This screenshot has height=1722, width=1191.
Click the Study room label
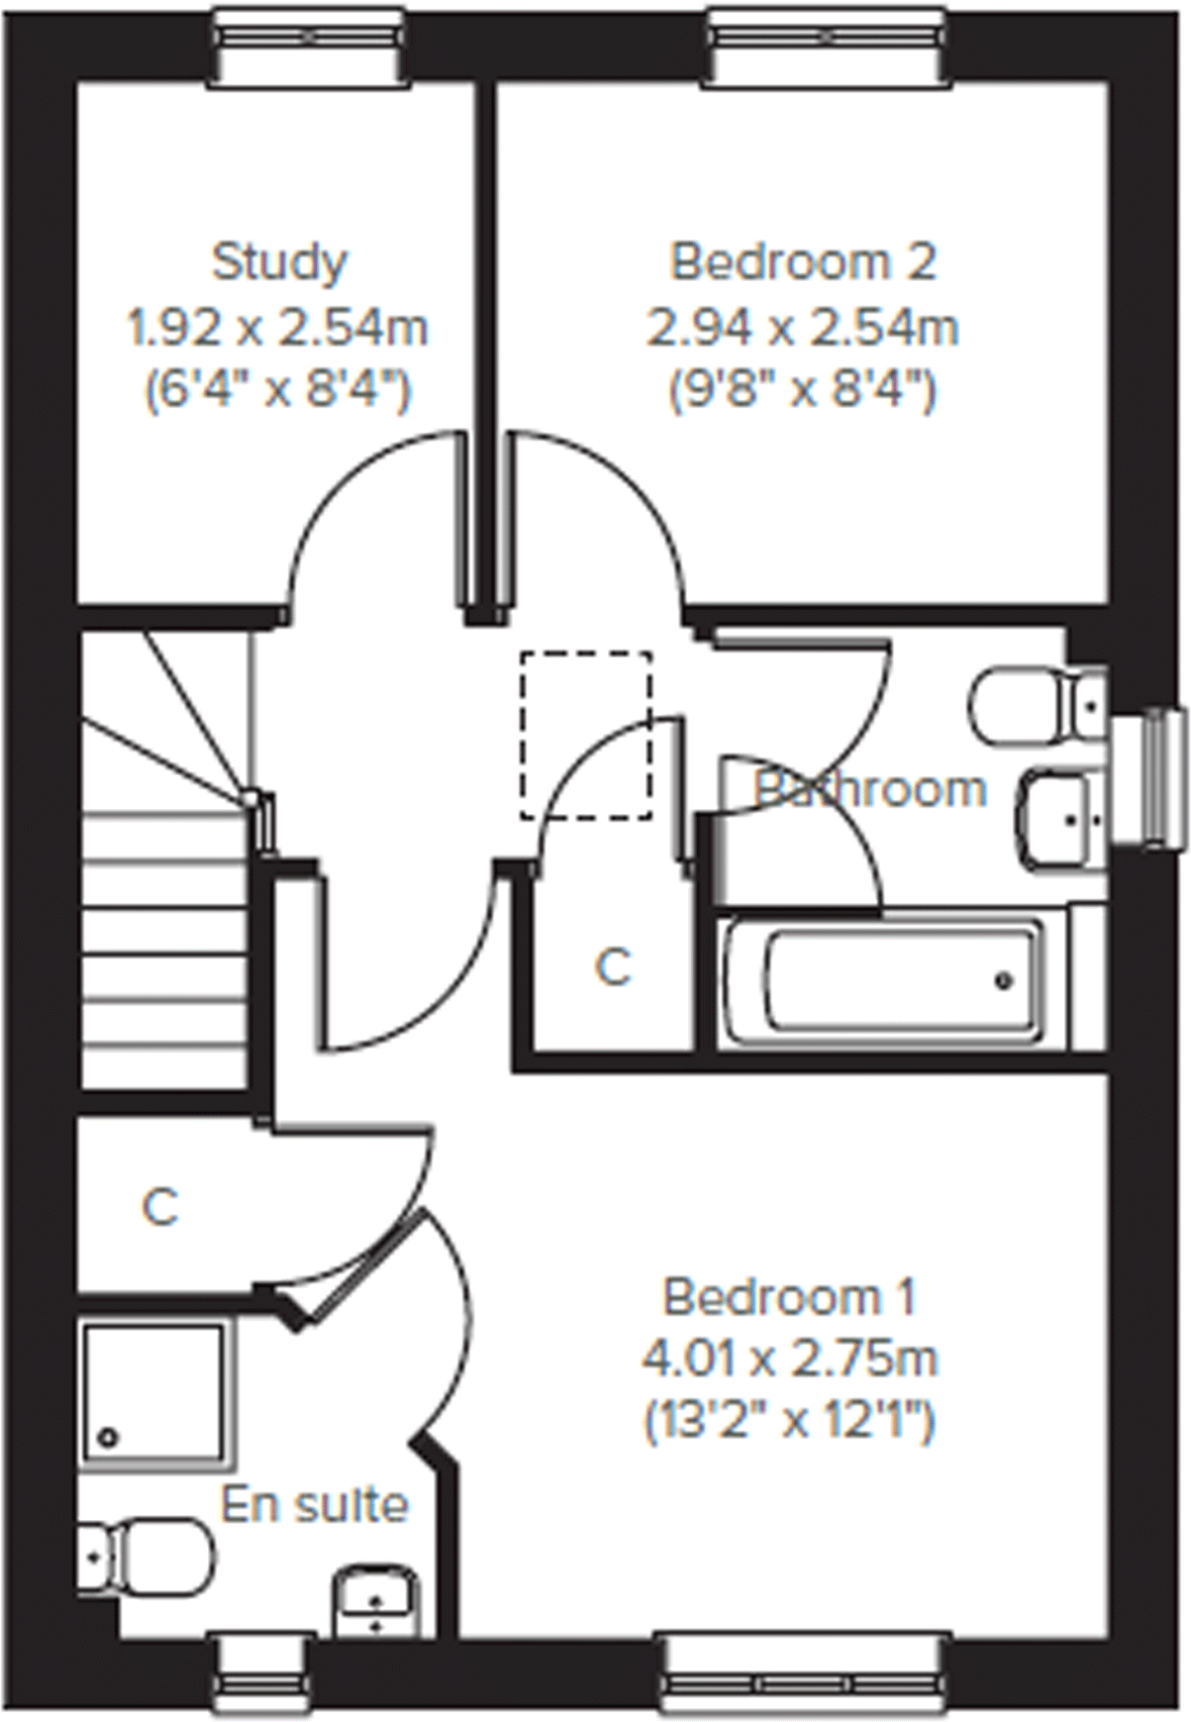(280, 262)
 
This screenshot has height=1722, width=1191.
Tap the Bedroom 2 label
(803, 262)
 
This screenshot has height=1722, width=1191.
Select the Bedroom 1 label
(790, 1296)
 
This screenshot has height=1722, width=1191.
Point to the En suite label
(314, 1505)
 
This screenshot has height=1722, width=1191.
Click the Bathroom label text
(871, 789)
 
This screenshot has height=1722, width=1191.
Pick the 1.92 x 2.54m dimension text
(278, 328)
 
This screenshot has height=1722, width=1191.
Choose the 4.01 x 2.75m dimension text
(790, 1359)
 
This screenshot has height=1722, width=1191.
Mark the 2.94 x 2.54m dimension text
(803, 328)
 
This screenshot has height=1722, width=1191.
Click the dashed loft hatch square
(586, 735)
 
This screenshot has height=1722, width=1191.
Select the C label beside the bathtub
(614, 967)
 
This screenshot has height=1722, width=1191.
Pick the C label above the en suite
(160, 1207)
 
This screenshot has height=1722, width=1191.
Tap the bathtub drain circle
(1005, 981)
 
